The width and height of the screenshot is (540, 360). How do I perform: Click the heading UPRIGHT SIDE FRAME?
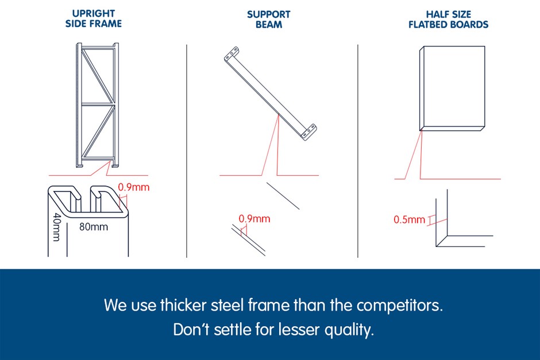click(x=93, y=18)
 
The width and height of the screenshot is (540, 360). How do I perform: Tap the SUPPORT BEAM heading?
click(x=269, y=20)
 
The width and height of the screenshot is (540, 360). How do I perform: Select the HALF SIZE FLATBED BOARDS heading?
click(x=449, y=20)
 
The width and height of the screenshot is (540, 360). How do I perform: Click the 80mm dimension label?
click(x=94, y=227)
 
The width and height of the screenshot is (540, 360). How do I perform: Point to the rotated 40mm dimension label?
click(x=57, y=227)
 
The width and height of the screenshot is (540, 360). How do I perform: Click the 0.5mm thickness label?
click(x=410, y=219)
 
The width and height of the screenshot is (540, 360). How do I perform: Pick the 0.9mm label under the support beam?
click(x=254, y=219)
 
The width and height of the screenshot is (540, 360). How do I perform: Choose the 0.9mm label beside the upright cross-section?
click(x=134, y=187)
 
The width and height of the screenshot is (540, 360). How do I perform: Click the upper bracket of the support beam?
click(x=232, y=55)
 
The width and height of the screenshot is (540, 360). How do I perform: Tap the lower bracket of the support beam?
click(x=309, y=132)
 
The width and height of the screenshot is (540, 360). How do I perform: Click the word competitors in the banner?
click(x=399, y=305)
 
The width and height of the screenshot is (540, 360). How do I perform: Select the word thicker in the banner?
click(x=183, y=305)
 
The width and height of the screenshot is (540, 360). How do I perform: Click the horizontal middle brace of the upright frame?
click(x=98, y=103)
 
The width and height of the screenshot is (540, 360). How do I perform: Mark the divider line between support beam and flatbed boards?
click(x=358, y=151)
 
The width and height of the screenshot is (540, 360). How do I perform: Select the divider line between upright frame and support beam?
click(x=187, y=151)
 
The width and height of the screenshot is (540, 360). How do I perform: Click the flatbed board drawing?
click(x=452, y=88)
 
